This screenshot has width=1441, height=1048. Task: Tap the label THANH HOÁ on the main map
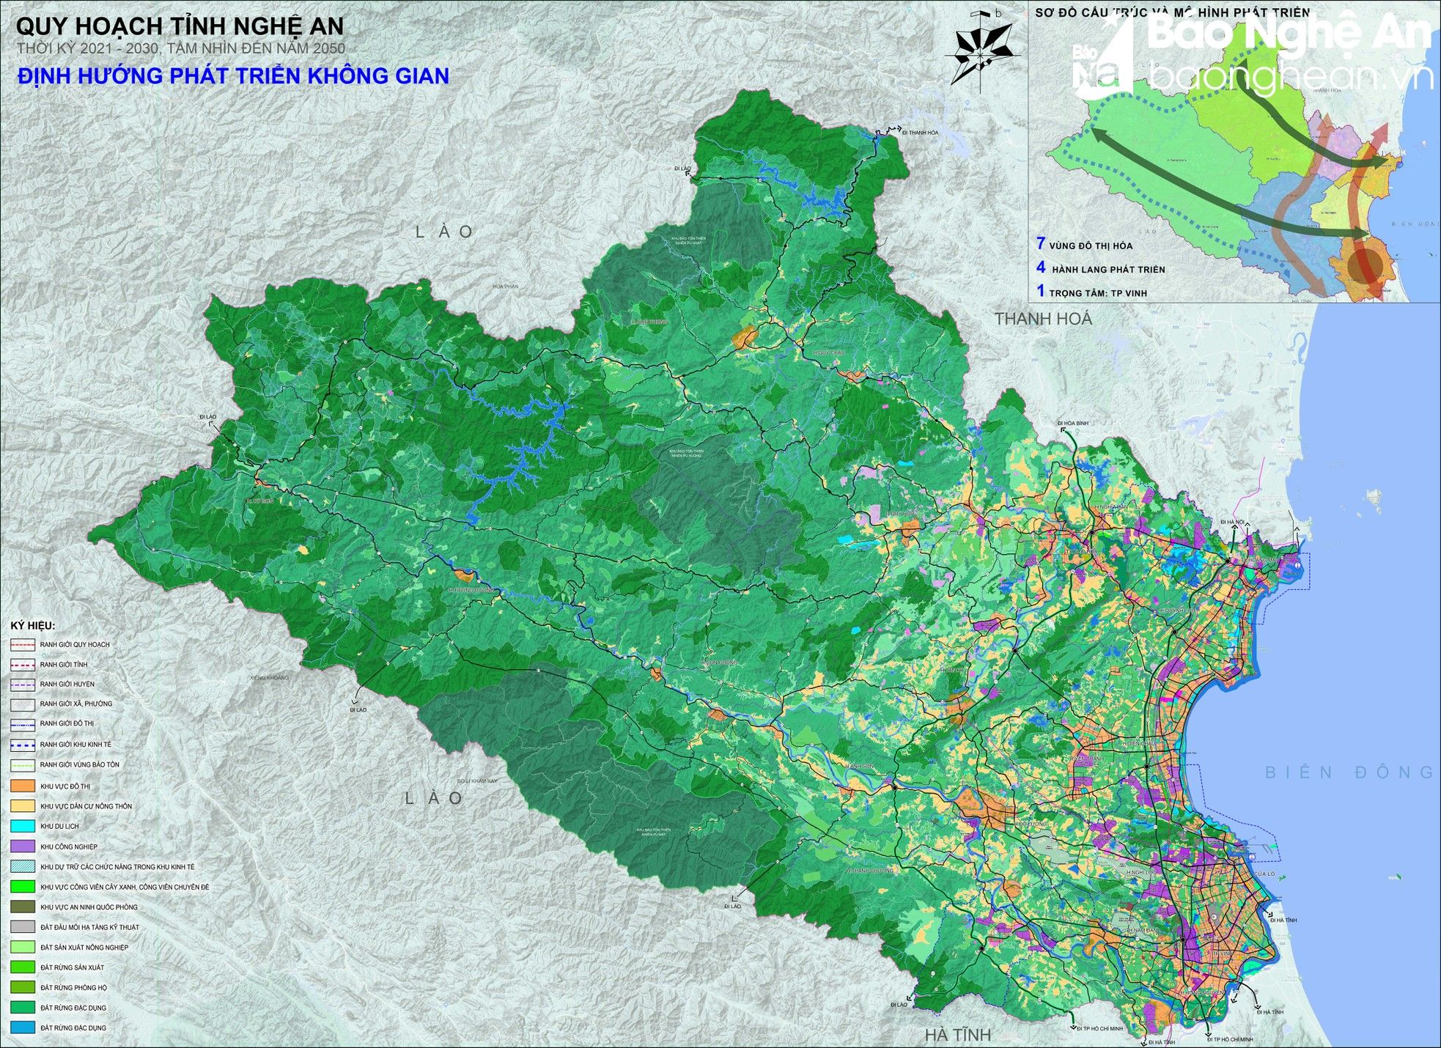1043,319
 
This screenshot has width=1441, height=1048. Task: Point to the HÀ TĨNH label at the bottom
957,1035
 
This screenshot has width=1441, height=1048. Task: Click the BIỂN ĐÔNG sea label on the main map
1349,772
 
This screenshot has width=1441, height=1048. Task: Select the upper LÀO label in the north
445,232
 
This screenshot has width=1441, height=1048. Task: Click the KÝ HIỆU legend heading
32,625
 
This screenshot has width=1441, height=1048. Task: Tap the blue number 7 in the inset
1040,244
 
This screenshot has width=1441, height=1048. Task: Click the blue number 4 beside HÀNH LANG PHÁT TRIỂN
1041,268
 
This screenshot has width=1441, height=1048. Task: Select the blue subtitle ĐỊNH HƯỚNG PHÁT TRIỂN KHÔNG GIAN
233,76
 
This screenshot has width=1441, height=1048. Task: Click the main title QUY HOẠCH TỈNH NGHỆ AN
180,27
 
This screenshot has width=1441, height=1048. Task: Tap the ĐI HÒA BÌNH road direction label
1075,423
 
